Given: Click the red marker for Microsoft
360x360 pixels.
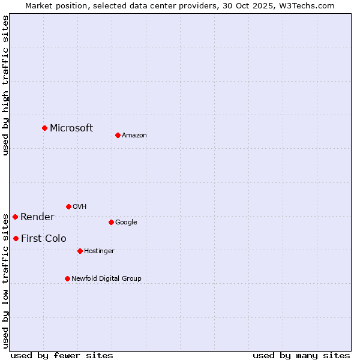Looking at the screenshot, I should (44, 128).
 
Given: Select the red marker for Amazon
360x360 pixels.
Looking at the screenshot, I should (118, 135).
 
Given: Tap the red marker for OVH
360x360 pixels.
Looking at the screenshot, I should (68, 206).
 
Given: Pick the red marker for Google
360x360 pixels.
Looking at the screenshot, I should (111, 222).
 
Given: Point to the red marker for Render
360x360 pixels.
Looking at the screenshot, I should (15, 217).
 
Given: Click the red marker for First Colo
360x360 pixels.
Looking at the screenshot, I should (16, 238).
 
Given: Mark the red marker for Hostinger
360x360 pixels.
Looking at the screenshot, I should (80, 251).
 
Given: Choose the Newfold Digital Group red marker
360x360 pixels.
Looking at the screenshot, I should (67, 278).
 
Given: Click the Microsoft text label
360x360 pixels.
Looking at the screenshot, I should (71, 128).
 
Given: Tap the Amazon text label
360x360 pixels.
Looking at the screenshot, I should (134, 135).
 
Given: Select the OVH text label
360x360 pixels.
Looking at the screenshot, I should (79, 206).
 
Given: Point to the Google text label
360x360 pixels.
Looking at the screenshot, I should (126, 222).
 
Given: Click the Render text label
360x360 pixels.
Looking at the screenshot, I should (37, 217).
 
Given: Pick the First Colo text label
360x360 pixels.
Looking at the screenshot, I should (43, 238).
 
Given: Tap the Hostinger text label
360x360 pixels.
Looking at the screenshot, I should (99, 251).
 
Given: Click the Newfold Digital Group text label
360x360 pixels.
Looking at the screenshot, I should (106, 278).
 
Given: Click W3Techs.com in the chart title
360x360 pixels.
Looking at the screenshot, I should (308, 5).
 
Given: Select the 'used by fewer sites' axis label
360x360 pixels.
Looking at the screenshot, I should (62, 355).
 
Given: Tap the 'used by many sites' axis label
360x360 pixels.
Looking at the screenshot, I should (301, 355).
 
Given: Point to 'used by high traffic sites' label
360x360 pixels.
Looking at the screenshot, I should (5, 85).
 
